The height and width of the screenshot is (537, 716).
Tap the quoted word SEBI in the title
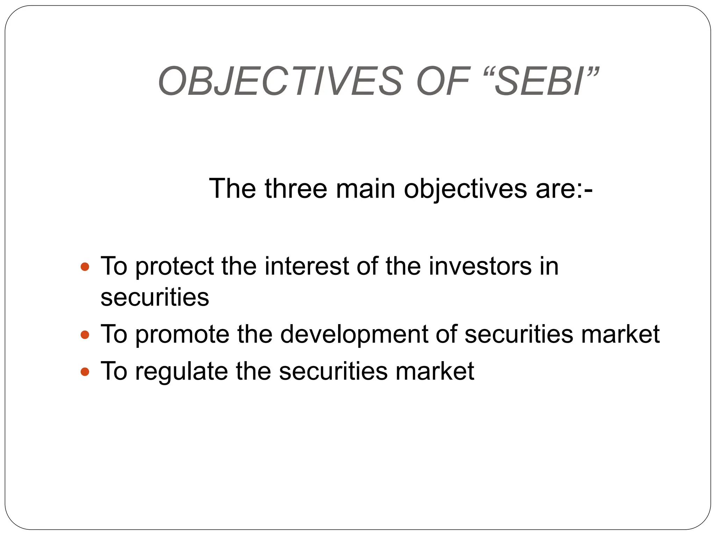pos(540,81)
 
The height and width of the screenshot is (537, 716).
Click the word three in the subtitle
pos(296,189)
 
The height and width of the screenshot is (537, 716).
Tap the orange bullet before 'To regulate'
pos(85,372)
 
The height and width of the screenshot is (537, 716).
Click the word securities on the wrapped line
pos(155,297)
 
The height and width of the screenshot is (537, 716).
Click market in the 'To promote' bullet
pos(620,334)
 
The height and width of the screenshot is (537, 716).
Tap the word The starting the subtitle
pos(232,189)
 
